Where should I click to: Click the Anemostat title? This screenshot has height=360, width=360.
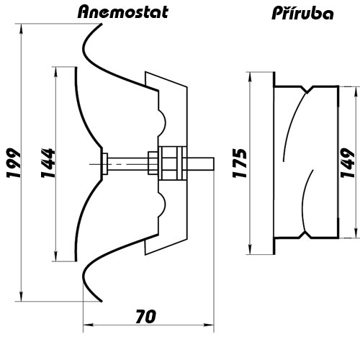click(123, 12)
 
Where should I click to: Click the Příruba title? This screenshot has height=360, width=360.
click(302, 12)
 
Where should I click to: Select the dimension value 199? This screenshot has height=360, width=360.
click(14, 163)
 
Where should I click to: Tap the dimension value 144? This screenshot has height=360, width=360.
click(48, 163)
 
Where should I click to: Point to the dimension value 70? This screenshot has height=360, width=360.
click(146, 316)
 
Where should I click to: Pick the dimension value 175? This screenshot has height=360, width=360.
click(240, 163)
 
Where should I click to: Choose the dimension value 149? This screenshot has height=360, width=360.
click(348, 163)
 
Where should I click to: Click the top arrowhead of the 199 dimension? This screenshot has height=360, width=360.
click(22, 28)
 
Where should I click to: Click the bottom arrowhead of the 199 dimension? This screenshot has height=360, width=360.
click(22, 297)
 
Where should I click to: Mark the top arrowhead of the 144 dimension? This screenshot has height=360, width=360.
click(55, 71)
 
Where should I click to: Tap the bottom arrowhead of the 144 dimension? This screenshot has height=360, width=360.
click(55, 256)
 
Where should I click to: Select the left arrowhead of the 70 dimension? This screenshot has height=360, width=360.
click(88, 325)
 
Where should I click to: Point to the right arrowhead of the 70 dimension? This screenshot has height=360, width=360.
click(209, 325)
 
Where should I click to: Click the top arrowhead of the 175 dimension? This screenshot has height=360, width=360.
click(250, 76)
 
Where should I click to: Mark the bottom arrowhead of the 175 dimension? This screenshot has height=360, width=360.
click(250, 250)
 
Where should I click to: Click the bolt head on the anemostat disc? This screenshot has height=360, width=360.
click(105, 163)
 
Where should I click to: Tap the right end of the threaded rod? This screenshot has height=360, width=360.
click(214, 164)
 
